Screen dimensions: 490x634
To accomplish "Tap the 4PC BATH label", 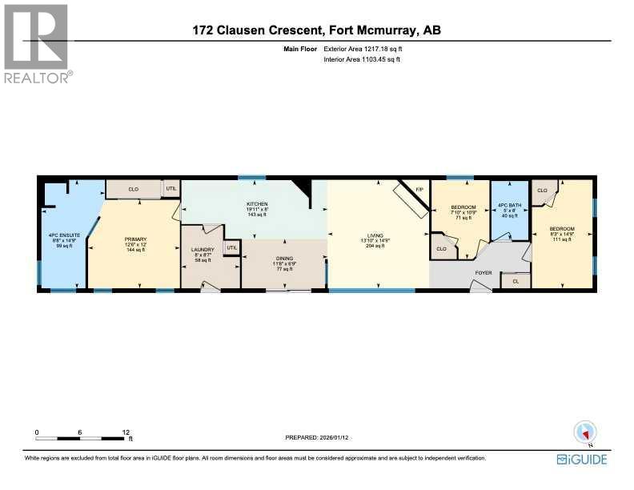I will pos(509,207).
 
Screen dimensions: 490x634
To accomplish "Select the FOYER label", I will pos(484,272).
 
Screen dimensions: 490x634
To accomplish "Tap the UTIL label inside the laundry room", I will pos(232,247).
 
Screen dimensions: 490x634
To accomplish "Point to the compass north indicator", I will pos(586,433).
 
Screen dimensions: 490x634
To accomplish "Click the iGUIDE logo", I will pos(581,460).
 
